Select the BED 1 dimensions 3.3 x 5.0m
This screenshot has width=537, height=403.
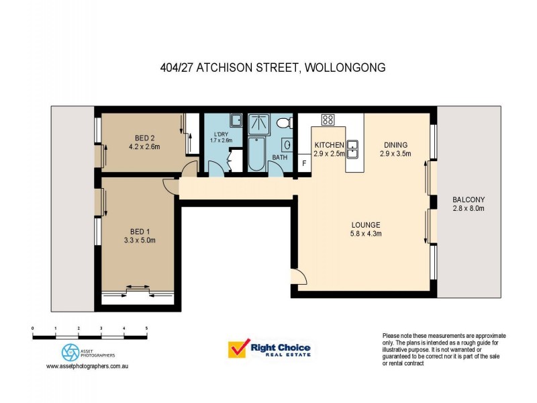(140, 240)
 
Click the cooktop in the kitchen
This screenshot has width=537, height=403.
(328, 120)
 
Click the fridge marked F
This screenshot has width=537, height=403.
(304, 163)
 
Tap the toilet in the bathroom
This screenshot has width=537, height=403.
(285, 123)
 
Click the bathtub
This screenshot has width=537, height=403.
(256, 154)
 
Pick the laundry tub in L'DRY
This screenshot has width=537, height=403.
(236, 121)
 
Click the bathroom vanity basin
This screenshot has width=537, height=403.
(287, 145)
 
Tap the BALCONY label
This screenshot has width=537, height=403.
(469, 200)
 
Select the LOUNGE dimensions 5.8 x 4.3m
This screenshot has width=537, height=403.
(367, 234)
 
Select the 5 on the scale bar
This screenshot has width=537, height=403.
(146, 328)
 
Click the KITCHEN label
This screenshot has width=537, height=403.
(329, 145)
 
